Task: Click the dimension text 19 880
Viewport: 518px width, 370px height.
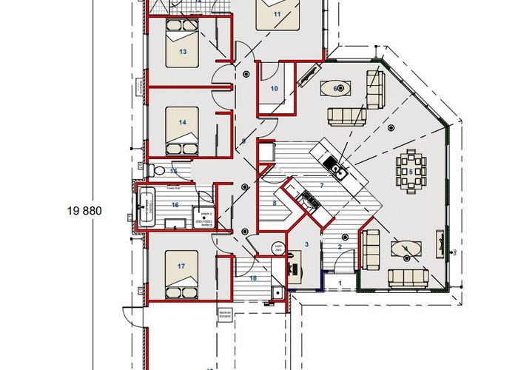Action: click(82, 211)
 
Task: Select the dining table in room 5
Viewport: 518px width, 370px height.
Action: click(410, 172)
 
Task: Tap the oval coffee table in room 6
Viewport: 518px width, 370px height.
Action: click(337, 88)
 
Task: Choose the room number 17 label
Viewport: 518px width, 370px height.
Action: click(180, 265)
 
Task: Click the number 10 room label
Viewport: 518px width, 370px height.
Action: click(274, 89)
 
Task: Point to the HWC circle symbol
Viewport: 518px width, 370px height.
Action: click(278, 249)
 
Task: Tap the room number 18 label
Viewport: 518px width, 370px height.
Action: click(253, 278)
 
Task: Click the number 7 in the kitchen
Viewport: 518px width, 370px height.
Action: click(322, 184)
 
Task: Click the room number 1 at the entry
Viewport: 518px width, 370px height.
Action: click(340, 282)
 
